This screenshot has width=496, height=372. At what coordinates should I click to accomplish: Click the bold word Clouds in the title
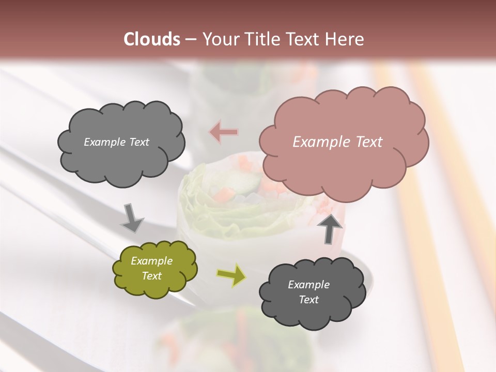click(x=152, y=39)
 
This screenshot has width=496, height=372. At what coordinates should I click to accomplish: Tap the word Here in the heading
click(x=345, y=39)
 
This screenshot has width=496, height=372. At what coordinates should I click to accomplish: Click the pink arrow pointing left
click(x=224, y=132)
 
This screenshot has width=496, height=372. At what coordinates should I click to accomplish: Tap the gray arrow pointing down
click(x=132, y=218)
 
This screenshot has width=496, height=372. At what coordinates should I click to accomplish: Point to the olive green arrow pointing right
click(x=231, y=275)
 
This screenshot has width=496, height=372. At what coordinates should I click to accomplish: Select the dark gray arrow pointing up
click(x=331, y=228)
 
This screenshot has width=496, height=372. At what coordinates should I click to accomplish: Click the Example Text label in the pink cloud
click(x=337, y=142)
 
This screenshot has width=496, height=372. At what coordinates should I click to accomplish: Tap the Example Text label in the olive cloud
click(x=152, y=268)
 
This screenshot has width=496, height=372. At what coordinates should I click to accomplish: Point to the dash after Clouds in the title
click(x=191, y=40)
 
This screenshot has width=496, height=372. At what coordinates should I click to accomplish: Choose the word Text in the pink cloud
click(x=365, y=142)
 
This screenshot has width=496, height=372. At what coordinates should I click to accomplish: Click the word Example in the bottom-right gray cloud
click(x=308, y=285)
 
